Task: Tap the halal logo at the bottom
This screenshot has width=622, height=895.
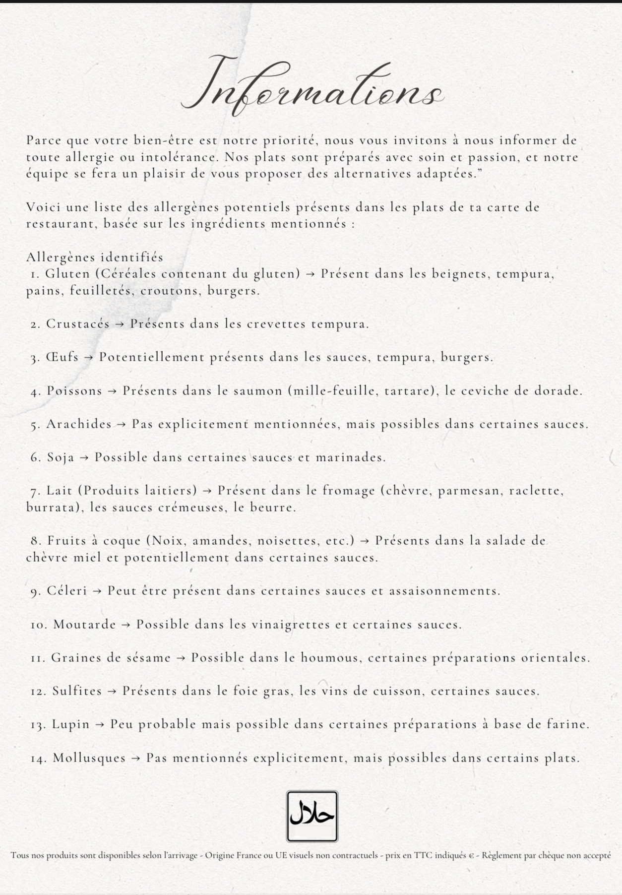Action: click(x=312, y=816)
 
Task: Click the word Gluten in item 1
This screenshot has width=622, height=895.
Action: click(x=67, y=274)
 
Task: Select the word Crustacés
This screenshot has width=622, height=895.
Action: click(x=77, y=324)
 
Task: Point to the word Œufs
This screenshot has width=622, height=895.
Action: click(x=62, y=357)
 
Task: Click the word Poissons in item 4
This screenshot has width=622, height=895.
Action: click(x=74, y=391)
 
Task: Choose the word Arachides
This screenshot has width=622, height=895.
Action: click(x=79, y=424)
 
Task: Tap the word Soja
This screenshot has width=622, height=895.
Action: click(x=61, y=457)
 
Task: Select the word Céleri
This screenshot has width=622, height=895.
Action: click(x=67, y=591)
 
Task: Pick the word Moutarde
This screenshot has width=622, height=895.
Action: click(x=84, y=625)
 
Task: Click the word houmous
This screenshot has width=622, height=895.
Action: click(x=327, y=658)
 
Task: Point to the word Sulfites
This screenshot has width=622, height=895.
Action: click(x=77, y=691)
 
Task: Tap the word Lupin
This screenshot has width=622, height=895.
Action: click(x=71, y=724)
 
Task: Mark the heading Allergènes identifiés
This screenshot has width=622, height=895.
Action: click(x=95, y=257)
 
